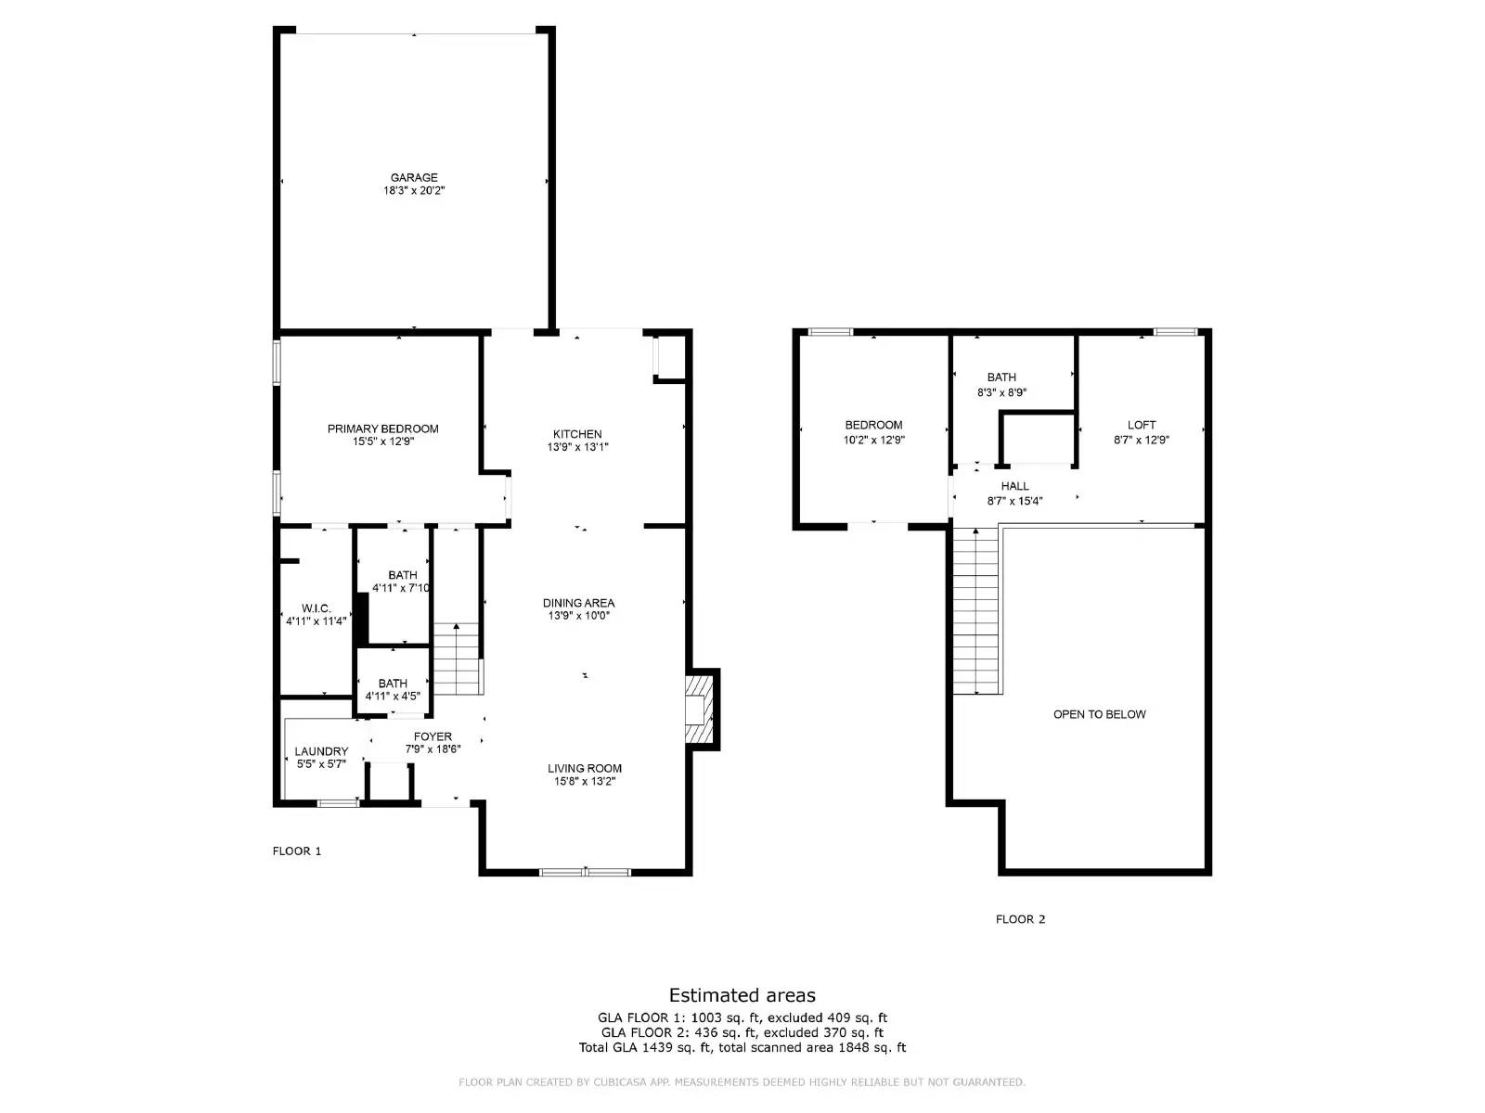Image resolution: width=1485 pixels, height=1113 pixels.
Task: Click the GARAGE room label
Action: click(x=414, y=178)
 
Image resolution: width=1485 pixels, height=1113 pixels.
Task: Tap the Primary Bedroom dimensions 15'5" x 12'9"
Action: click(x=382, y=442)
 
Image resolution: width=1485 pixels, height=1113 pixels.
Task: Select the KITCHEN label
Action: click(x=577, y=434)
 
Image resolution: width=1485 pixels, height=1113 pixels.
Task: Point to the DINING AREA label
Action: click(x=578, y=603)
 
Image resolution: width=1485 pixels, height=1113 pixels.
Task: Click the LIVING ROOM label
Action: click(x=584, y=768)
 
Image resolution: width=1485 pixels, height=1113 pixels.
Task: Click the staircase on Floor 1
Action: click(x=457, y=660)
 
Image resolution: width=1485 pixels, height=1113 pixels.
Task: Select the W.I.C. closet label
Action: click(x=316, y=608)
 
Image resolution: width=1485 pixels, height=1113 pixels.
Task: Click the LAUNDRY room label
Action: click(x=321, y=751)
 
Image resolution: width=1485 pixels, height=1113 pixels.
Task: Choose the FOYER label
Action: click(x=433, y=736)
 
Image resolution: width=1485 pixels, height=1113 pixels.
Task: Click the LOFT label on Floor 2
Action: click(x=1142, y=426)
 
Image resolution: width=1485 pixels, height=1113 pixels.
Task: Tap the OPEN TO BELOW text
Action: click(x=1099, y=714)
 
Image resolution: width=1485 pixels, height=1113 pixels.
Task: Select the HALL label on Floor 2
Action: click(x=1014, y=486)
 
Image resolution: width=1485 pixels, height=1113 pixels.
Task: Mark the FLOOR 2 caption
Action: click(x=1020, y=919)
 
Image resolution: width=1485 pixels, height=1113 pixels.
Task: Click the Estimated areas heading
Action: click(x=742, y=995)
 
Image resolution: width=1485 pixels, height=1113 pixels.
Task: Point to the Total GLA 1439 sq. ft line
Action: click(x=742, y=1048)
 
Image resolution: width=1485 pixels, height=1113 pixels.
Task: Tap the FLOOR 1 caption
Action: click(x=297, y=851)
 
